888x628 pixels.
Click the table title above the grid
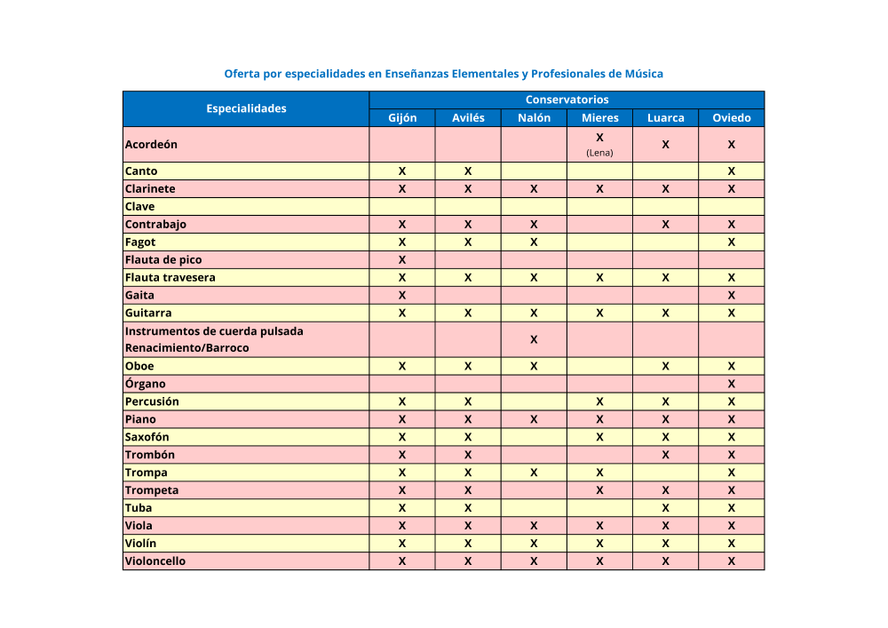(443, 74)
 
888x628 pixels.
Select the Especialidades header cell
(246, 108)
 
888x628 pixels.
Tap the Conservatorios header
(567, 99)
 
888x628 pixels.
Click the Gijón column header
(402, 118)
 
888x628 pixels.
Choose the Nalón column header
(534, 118)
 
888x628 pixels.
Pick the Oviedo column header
(731, 118)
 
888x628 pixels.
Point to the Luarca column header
(665, 118)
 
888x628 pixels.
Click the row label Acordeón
(152, 144)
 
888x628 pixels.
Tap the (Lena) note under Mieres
(599, 153)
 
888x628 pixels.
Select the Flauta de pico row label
(163, 259)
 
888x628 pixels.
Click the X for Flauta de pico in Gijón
(402, 259)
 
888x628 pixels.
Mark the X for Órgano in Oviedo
(731, 384)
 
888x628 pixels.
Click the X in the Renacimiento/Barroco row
(534, 339)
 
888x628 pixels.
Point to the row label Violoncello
(155, 561)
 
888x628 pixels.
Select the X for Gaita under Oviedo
(731, 295)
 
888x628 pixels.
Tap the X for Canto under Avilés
(468, 171)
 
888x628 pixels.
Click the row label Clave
(140, 206)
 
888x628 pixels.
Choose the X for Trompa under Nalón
(534, 473)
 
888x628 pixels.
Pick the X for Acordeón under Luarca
(665, 144)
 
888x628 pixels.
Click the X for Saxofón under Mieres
(599, 437)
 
